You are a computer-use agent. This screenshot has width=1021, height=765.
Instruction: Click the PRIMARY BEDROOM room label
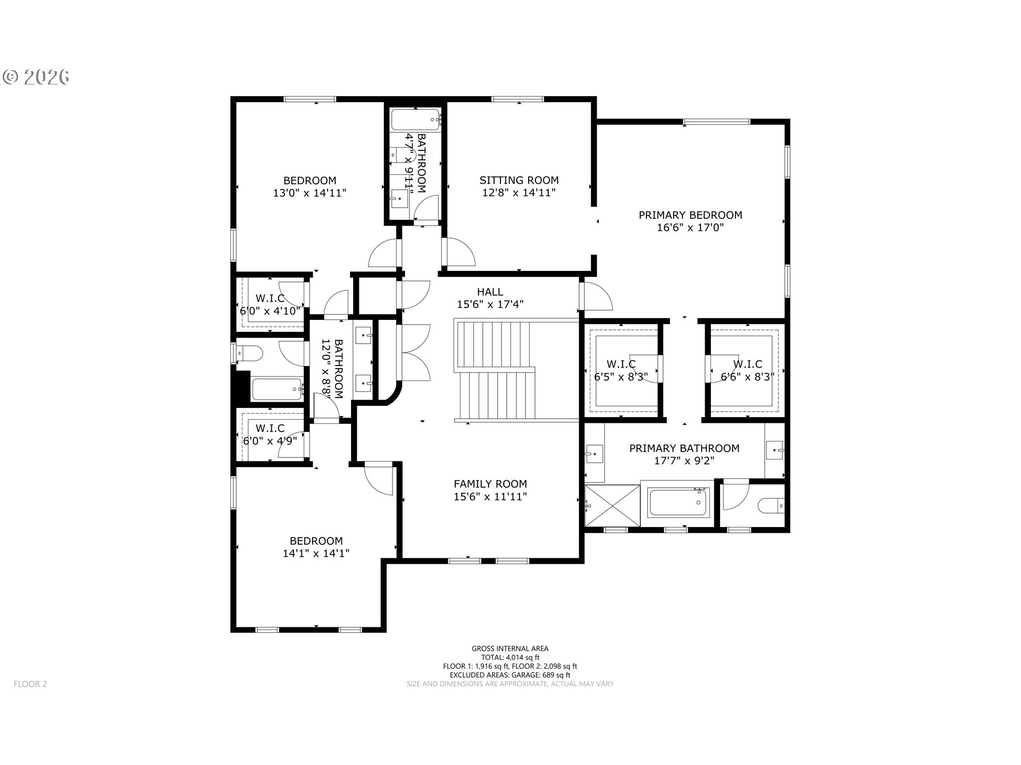690,215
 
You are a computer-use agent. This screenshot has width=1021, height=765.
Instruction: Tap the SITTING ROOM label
519,180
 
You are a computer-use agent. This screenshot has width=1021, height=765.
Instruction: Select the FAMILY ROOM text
490,484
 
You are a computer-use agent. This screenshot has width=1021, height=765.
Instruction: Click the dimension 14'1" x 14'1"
316,553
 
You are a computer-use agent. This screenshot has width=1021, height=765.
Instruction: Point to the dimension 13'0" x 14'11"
309,193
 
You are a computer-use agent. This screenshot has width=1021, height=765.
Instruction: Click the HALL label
490,292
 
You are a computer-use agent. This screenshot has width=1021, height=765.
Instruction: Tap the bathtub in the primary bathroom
678,503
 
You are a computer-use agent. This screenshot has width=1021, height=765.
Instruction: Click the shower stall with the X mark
612,505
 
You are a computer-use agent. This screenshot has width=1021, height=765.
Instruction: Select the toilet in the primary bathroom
771,505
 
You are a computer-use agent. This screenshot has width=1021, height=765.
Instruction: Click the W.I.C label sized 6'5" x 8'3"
621,364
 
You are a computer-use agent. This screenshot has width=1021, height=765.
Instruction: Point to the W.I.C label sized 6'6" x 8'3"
747,364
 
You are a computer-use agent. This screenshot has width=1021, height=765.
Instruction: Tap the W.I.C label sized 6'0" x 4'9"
270,428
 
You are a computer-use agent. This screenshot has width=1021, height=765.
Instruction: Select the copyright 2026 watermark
36,77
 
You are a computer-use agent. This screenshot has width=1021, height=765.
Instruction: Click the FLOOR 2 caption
30,684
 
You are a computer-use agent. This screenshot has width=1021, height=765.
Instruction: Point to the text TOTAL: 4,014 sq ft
510,657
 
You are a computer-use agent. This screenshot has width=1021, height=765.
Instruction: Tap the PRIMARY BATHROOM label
684,448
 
